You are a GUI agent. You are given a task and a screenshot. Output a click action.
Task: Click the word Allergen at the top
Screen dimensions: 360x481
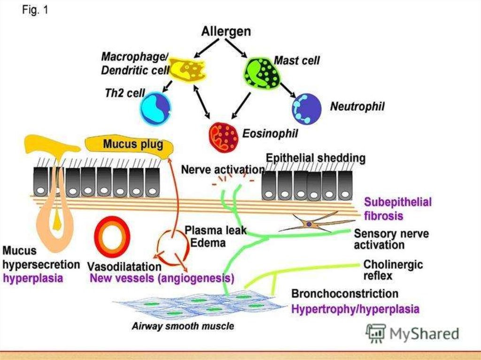click(226, 32)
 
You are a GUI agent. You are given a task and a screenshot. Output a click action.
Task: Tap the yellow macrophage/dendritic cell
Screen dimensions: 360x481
click(186, 69)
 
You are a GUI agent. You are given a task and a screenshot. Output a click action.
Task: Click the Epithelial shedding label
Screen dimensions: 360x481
click(315, 158)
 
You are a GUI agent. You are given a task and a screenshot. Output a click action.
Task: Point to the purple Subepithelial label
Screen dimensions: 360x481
click(398, 202)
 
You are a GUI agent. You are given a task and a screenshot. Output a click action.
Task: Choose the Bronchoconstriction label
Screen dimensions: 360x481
click(345, 294)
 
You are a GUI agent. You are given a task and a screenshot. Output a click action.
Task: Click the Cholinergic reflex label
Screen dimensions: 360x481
click(393, 270)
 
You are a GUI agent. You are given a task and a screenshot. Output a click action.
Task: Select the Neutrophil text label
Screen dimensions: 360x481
click(357, 107)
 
